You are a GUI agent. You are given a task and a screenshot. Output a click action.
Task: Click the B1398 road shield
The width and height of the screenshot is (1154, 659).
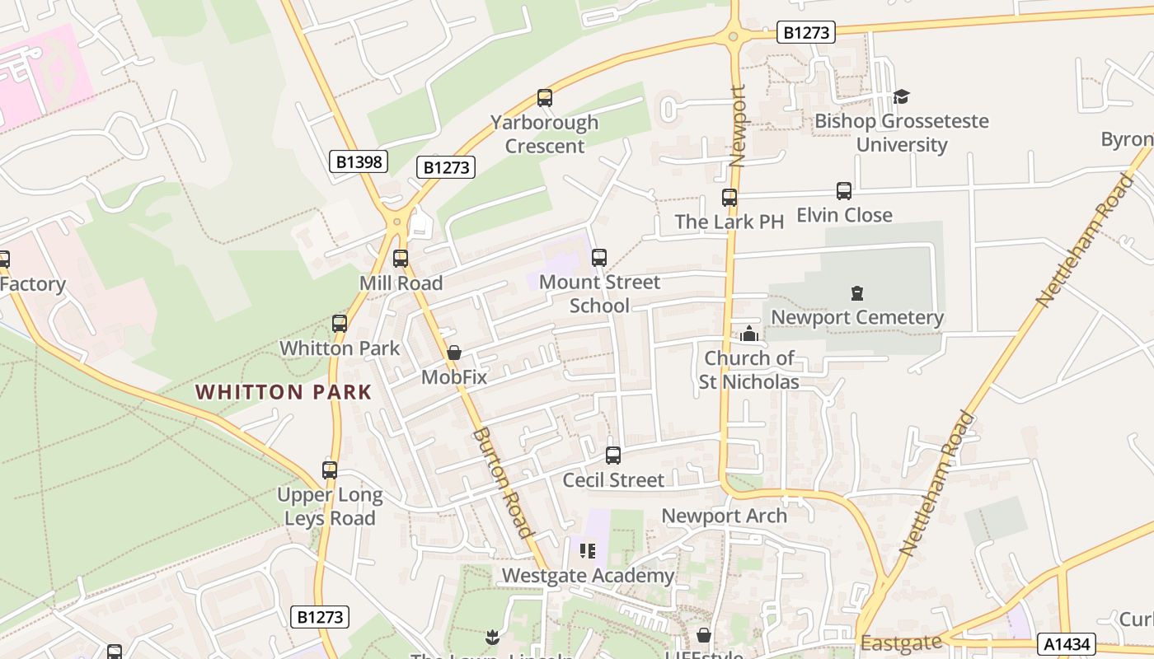[x=359, y=161]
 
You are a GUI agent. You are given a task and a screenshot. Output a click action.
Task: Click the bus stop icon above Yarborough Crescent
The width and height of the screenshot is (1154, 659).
[x=544, y=98]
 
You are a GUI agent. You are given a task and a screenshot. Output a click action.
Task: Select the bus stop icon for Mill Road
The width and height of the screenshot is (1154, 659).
[x=401, y=259]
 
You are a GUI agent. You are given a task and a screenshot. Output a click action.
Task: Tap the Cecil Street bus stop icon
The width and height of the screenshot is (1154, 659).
[x=612, y=456]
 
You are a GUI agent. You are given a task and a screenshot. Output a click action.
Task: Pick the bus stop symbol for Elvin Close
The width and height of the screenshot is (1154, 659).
[x=843, y=191]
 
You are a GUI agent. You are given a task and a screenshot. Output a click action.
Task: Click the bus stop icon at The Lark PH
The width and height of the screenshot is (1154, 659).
[x=729, y=198]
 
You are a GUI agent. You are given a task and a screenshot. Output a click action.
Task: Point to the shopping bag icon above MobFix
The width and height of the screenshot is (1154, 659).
[x=453, y=353]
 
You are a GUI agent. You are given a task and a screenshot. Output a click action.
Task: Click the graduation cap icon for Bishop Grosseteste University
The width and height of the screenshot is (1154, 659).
[x=900, y=96]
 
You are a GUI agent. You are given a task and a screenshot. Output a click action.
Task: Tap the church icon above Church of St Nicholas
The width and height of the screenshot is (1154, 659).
[x=748, y=334]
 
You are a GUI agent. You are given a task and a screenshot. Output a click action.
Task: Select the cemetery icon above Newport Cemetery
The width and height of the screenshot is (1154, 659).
[x=856, y=293]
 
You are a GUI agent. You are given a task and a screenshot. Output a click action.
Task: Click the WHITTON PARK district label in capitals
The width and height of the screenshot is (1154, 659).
[x=284, y=392]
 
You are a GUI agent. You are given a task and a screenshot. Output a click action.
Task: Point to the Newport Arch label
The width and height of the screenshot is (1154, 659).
[x=725, y=516]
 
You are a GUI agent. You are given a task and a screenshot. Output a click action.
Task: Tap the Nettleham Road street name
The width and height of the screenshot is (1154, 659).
[x=936, y=482]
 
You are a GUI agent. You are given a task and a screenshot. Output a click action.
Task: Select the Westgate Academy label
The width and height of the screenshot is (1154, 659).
[x=588, y=575]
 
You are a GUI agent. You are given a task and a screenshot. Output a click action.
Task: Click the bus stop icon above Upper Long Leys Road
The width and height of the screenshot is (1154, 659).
[x=330, y=470]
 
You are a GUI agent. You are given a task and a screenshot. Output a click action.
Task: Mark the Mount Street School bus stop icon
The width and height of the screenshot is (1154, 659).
[x=599, y=258]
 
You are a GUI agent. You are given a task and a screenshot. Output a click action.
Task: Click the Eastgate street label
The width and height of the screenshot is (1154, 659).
[x=900, y=643]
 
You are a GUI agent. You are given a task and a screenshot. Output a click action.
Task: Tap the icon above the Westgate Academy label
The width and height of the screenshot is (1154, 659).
[x=588, y=550]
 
